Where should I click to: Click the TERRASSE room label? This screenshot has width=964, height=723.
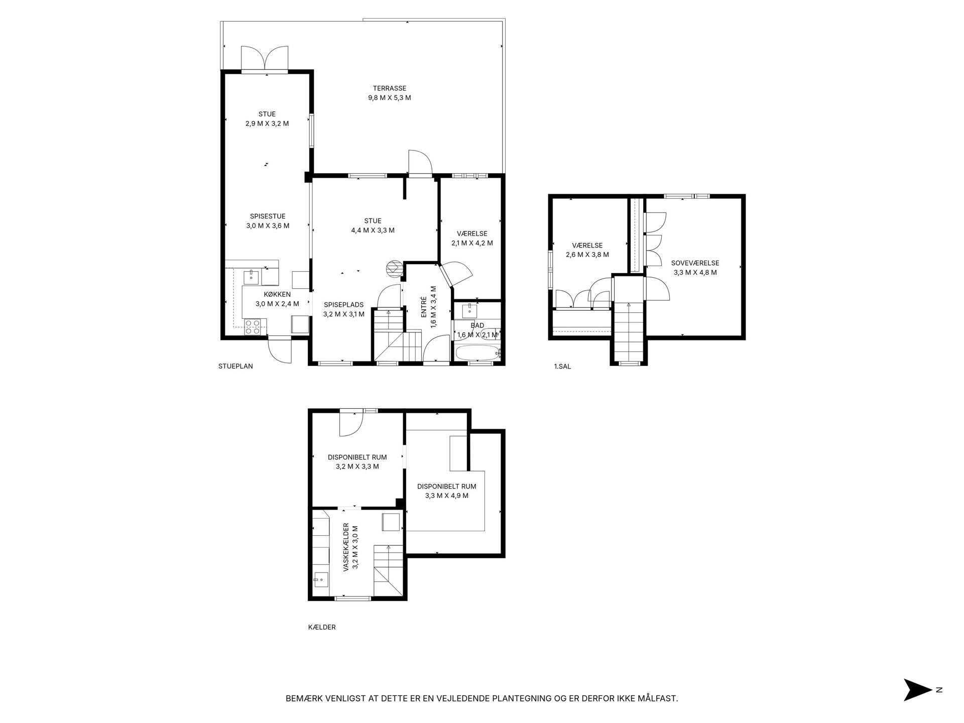(x=389, y=88)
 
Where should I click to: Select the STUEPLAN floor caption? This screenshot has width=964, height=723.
(x=235, y=366)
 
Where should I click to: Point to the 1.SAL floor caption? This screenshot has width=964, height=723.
(x=562, y=367)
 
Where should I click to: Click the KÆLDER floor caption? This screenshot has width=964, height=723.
(x=322, y=627)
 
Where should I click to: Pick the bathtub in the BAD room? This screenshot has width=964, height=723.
(x=477, y=353)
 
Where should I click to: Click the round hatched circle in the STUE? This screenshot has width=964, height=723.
(x=394, y=268)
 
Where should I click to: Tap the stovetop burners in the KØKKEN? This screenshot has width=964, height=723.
(x=252, y=327)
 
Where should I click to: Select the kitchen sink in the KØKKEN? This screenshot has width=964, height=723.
(x=251, y=276)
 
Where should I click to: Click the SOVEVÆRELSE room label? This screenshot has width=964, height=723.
(x=695, y=263)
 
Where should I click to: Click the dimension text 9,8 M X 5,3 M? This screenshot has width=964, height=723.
(x=389, y=98)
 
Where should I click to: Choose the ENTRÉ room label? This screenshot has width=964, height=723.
(x=423, y=306)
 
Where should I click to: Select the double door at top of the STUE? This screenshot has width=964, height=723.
(x=265, y=59)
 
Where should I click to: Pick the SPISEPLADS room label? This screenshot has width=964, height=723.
(x=344, y=305)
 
